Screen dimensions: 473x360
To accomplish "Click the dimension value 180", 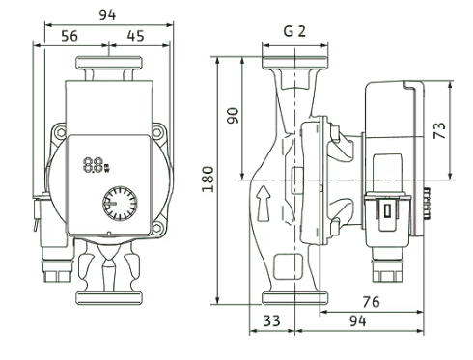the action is coord(208,180).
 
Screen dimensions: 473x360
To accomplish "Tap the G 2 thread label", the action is coord(294,31).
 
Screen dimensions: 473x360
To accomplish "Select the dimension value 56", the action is coord(70,36).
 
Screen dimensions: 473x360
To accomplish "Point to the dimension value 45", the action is coord(135,36).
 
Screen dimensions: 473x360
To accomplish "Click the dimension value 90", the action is coord(233,116).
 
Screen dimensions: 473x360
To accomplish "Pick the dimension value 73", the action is coord(439,130).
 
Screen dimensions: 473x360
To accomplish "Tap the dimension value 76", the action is coord(371,302).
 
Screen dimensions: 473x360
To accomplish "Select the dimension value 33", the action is coord(272,320).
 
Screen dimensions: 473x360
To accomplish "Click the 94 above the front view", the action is coord(107,14).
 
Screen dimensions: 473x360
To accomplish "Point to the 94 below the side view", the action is coord(357,320).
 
